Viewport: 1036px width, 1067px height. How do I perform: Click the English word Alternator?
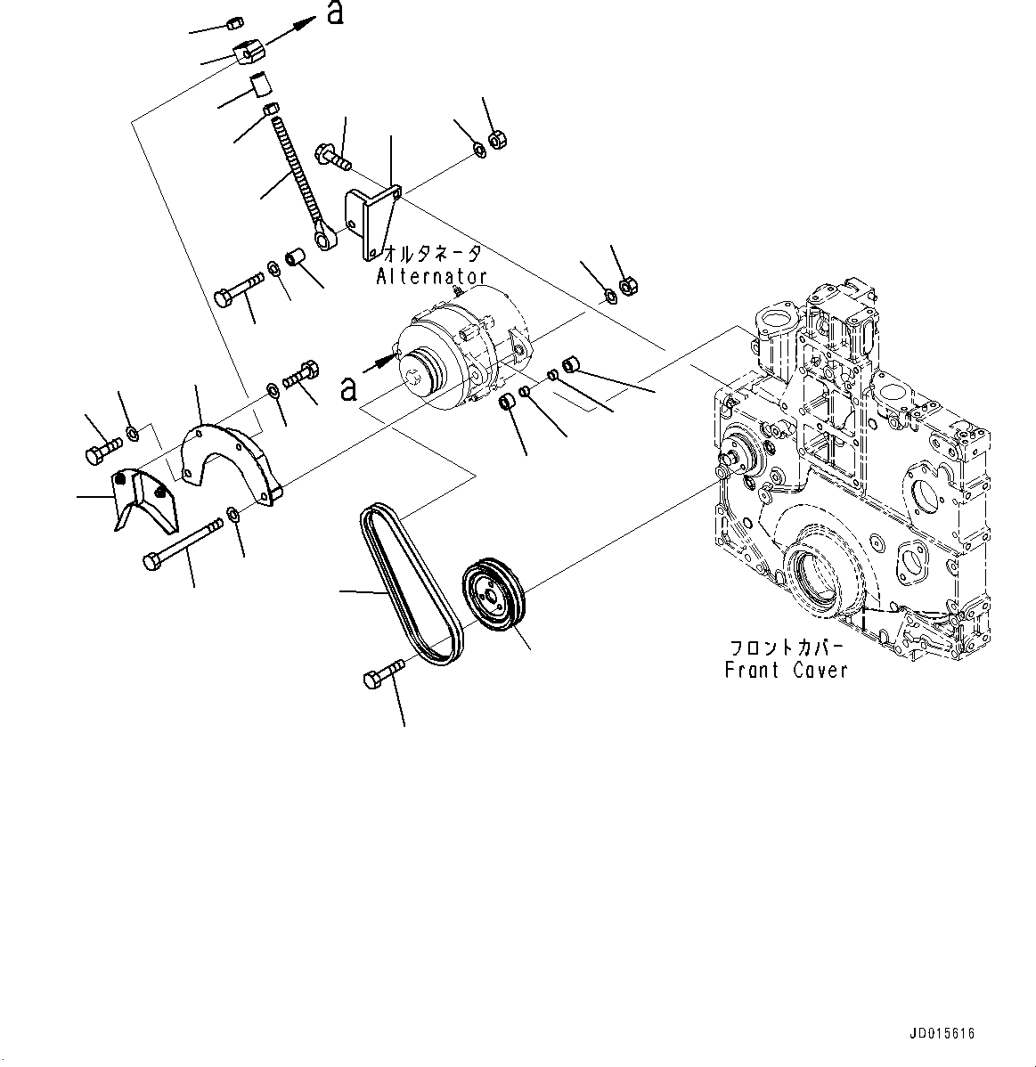(431, 276)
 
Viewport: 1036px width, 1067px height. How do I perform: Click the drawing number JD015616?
(942, 1033)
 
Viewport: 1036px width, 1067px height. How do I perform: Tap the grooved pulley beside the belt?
(494, 597)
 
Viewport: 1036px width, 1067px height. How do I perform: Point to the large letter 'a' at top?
(334, 15)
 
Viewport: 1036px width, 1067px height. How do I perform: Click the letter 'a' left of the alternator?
(348, 387)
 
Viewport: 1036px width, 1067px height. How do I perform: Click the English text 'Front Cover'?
(786, 671)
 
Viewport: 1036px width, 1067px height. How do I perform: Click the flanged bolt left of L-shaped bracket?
(332, 157)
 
